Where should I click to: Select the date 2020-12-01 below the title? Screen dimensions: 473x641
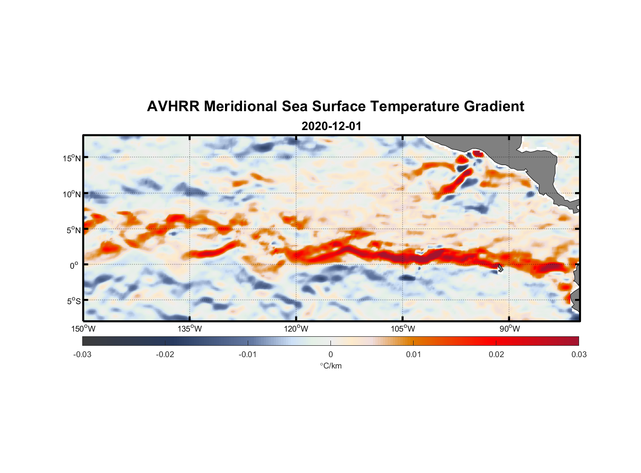click(x=331, y=126)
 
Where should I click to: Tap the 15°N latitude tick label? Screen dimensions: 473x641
click(x=72, y=158)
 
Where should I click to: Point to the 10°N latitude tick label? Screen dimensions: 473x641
click(x=72, y=194)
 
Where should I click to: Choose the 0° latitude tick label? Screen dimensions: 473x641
click(x=74, y=266)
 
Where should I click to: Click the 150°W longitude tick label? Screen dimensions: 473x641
click(x=83, y=329)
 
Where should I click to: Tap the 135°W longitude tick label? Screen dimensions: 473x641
click(x=190, y=329)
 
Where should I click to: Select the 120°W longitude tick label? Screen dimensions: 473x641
click(x=296, y=329)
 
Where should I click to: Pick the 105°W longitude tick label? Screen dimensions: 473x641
click(x=403, y=329)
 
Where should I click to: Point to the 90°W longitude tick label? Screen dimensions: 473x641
click(x=510, y=329)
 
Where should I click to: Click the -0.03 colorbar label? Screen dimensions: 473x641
click(x=82, y=354)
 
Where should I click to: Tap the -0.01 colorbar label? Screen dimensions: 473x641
click(x=248, y=354)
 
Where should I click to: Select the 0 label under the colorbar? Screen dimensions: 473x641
click(x=330, y=354)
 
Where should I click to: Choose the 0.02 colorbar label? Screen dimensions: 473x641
click(x=496, y=354)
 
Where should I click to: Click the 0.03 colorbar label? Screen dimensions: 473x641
click(x=579, y=354)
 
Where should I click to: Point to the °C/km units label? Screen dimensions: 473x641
click(x=330, y=366)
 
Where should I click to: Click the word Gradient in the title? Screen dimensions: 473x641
click(x=494, y=106)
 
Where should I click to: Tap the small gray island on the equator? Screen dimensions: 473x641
click(x=500, y=268)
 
